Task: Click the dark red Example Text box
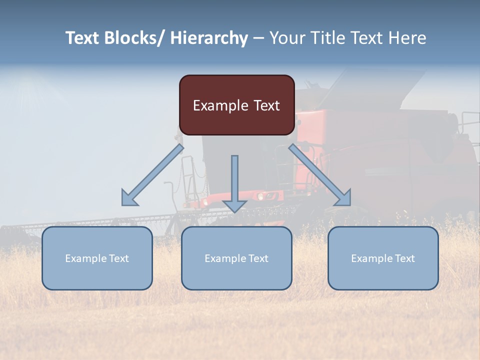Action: pyautogui.click(x=236, y=105)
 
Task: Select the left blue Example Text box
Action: pyautogui.click(x=97, y=258)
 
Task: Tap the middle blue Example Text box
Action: pyautogui.click(x=236, y=258)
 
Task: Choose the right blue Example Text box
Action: pyautogui.click(x=383, y=258)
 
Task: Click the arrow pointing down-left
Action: pyautogui.click(x=152, y=175)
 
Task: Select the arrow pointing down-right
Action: pyautogui.click(x=320, y=175)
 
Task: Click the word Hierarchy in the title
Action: pyautogui.click(x=209, y=38)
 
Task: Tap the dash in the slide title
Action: pyautogui.click(x=258, y=38)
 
